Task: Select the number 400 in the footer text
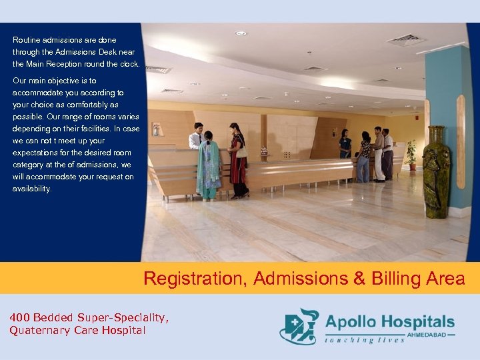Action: click(20, 317)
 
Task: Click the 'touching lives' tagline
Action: click(365, 340)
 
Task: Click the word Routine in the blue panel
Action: click(27, 40)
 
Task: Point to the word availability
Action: click(32, 189)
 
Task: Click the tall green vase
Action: click(436, 173)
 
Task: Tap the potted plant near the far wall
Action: click(411, 153)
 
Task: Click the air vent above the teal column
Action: click(406, 39)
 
